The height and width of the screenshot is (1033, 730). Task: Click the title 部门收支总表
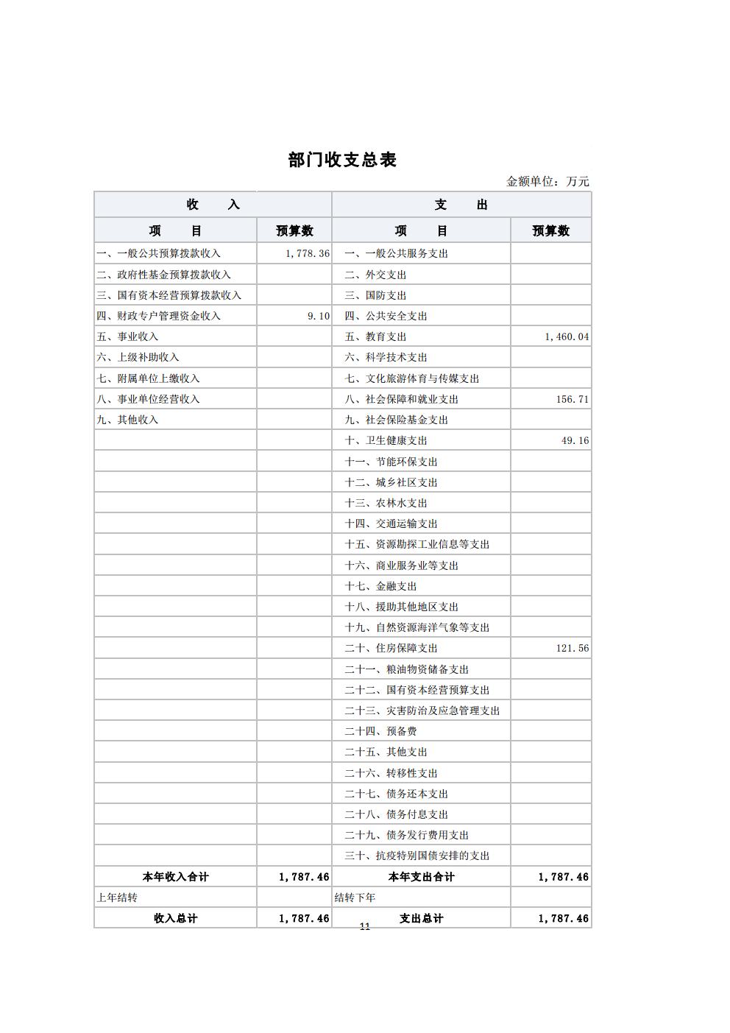coord(342,160)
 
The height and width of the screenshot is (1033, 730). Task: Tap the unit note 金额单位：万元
coord(547,182)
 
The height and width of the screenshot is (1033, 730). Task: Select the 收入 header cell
coord(213,205)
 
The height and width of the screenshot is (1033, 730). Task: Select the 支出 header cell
coord(461,205)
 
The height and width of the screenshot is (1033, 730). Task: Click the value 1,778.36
coord(308,253)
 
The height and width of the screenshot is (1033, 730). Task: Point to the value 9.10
coord(319,316)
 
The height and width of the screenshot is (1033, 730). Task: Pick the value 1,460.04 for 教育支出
coord(567,336)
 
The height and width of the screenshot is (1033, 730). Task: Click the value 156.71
coord(573,399)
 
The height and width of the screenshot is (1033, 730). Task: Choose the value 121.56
coord(573,648)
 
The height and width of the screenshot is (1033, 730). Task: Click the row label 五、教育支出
coord(375,336)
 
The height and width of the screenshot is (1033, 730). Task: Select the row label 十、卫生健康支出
coord(386,440)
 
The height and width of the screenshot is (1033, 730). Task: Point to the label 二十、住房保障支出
coord(391,648)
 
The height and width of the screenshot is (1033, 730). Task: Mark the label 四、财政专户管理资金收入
coord(158,316)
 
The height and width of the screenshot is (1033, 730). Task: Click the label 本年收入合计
coord(175,877)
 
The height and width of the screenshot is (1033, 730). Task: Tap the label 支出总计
coord(421,918)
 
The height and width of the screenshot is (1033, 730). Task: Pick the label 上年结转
coord(117,898)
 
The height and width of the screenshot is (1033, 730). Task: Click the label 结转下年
coord(355,898)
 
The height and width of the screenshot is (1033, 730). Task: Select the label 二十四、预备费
coord(380,731)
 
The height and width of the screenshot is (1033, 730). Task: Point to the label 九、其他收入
coord(127,420)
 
